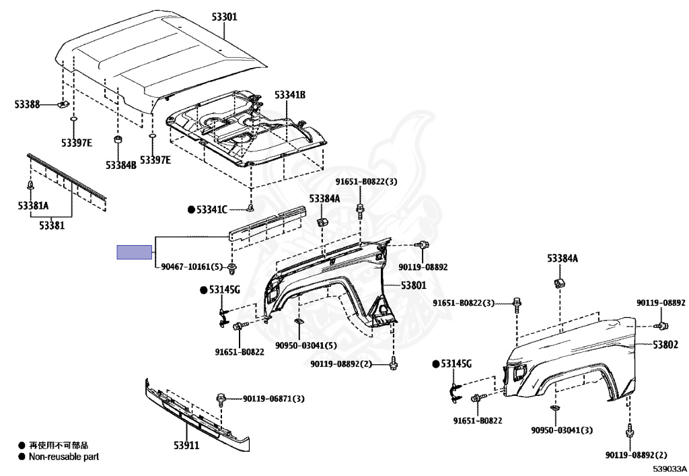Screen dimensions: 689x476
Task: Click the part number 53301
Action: point(224,17)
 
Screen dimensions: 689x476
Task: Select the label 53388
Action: point(27,104)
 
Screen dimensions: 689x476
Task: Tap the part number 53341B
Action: point(290,95)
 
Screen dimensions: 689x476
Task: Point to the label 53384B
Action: point(121,165)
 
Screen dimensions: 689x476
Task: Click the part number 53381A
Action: point(34,205)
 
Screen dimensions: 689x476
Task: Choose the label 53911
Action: point(186,445)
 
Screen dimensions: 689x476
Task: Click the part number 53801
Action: point(414,285)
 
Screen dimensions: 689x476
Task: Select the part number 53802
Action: point(665,345)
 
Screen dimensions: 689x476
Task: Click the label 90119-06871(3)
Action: point(274,399)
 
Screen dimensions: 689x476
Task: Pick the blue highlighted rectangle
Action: point(134,252)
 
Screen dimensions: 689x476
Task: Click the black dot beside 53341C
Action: point(191,209)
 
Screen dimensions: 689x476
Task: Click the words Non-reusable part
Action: point(64,456)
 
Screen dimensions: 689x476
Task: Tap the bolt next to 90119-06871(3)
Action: point(221,399)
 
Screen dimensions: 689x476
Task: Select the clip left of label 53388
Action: point(63,104)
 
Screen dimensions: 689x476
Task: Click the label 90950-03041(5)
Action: point(306,345)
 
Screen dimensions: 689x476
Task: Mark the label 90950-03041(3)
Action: point(562,430)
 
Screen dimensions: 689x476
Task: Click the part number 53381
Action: point(52,226)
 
